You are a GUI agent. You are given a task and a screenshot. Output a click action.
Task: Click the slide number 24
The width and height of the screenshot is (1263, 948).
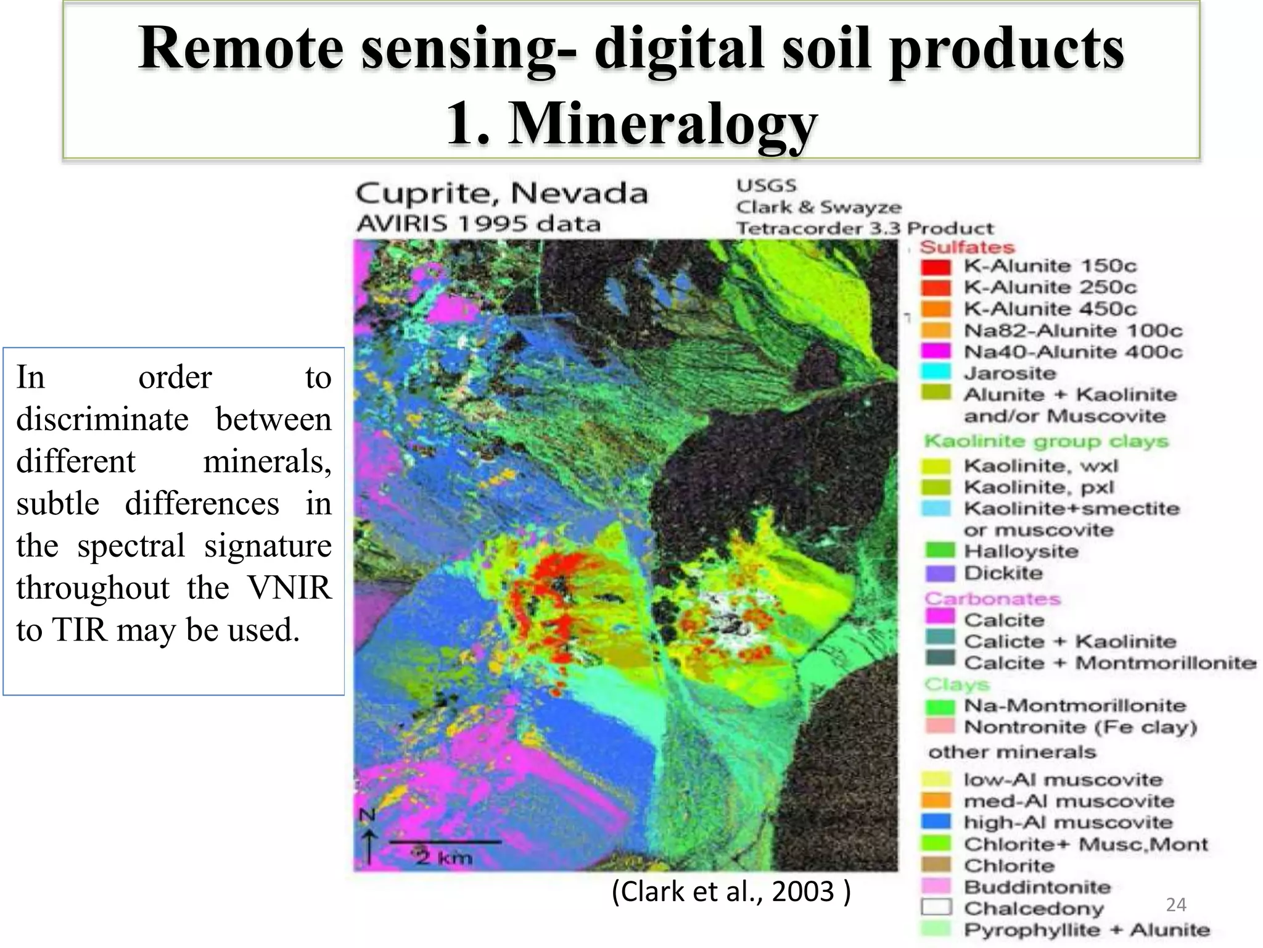tap(1175, 905)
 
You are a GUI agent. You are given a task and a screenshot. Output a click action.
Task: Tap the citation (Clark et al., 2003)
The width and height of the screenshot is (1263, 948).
tap(731, 892)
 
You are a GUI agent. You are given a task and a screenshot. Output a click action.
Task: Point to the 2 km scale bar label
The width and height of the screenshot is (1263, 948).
tap(444, 857)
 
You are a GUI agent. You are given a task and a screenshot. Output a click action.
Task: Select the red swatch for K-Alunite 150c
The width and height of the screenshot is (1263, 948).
tap(936, 267)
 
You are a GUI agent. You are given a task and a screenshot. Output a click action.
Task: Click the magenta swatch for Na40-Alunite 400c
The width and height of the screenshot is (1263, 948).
tap(936, 351)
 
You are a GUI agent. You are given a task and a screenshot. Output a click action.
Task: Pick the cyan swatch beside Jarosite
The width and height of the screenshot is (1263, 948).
tap(936, 373)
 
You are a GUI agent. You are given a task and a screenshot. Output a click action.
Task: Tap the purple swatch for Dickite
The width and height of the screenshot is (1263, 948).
tap(939, 573)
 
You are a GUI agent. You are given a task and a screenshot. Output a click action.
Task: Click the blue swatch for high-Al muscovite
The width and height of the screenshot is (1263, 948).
tap(936, 821)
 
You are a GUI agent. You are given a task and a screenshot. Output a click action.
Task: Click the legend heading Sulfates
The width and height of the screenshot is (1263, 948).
tap(966, 247)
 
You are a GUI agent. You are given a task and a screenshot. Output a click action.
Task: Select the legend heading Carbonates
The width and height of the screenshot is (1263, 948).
tap(992, 599)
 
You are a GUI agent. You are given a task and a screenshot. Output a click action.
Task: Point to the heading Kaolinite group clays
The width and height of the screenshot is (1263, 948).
tap(1046, 441)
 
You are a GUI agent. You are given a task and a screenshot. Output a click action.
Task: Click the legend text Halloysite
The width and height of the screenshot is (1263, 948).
tap(1021, 551)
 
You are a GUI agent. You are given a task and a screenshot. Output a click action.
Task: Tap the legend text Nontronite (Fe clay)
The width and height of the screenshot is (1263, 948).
tap(1080, 727)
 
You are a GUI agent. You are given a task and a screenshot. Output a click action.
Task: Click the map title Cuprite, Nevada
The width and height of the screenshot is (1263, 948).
tap(501, 194)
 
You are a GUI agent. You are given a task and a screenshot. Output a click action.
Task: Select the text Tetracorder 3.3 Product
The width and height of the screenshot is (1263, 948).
tap(865, 228)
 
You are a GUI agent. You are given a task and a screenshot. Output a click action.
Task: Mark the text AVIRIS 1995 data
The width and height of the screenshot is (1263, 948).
tap(478, 223)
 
